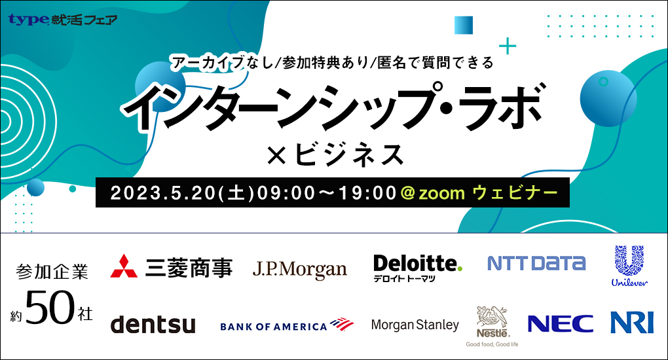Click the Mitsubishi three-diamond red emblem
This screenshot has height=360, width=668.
[x=124, y=266]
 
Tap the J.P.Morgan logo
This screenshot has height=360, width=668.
[x=299, y=269]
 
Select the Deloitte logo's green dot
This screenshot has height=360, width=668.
[x=459, y=269]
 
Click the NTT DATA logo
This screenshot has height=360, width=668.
[x=536, y=263]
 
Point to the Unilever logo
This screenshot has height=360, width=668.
[x=629, y=266]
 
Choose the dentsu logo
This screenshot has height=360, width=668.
[x=153, y=324]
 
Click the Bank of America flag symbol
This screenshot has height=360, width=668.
[x=342, y=324]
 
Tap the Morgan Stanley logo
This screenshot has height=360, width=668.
[x=415, y=325]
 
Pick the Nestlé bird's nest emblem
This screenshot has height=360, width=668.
[x=492, y=317]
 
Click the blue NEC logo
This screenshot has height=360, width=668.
[x=560, y=324]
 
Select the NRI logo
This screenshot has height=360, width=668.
[x=632, y=323]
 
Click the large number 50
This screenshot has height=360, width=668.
[x=50, y=307]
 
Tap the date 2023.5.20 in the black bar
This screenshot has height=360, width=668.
[x=164, y=193]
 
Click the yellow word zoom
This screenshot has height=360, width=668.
[x=441, y=194]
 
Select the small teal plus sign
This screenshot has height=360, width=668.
[x=508, y=46]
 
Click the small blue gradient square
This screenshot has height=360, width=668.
[x=464, y=25]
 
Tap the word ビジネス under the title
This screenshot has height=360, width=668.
[x=348, y=154]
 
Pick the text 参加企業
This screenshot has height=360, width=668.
[x=52, y=272]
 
